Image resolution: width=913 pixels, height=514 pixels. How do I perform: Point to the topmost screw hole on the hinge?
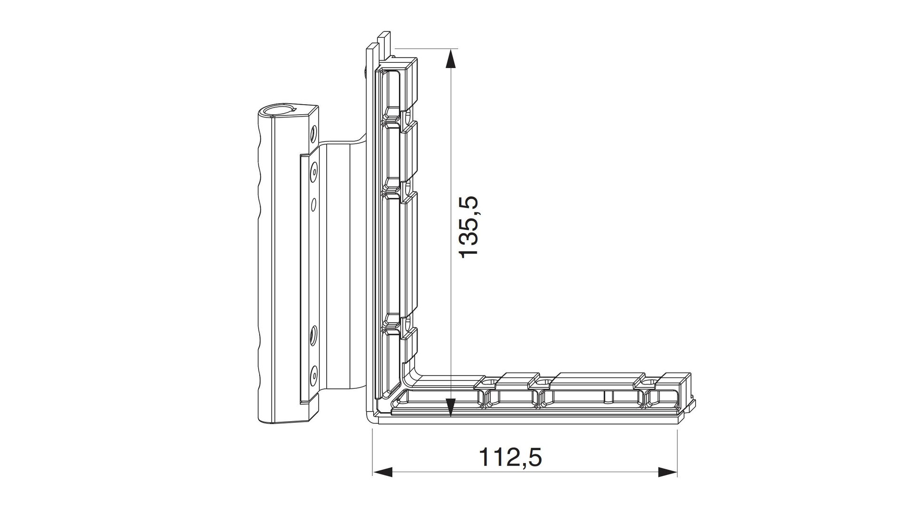313,131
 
